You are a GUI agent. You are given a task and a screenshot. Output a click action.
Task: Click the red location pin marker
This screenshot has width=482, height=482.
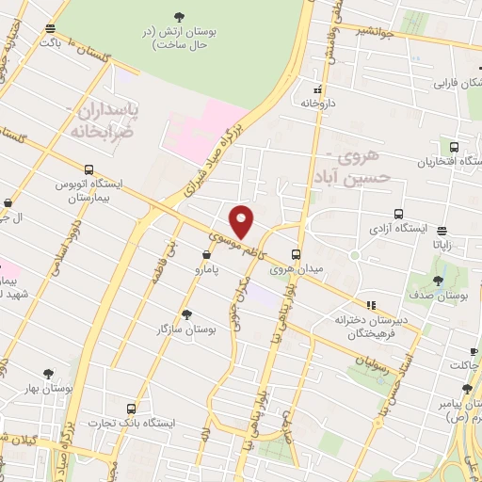tap(242, 221)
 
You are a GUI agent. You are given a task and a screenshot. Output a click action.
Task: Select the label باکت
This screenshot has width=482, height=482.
tap(50, 42)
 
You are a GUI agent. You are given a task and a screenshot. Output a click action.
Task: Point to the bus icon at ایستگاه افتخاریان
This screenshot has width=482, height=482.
tap(455, 147)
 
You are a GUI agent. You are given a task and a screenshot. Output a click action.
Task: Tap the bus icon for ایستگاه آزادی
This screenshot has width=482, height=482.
tap(398, 214)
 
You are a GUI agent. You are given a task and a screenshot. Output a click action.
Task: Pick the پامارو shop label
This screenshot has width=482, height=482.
tap(206, 269)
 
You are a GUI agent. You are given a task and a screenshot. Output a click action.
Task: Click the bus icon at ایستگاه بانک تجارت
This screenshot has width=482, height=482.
tap(130, 410)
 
